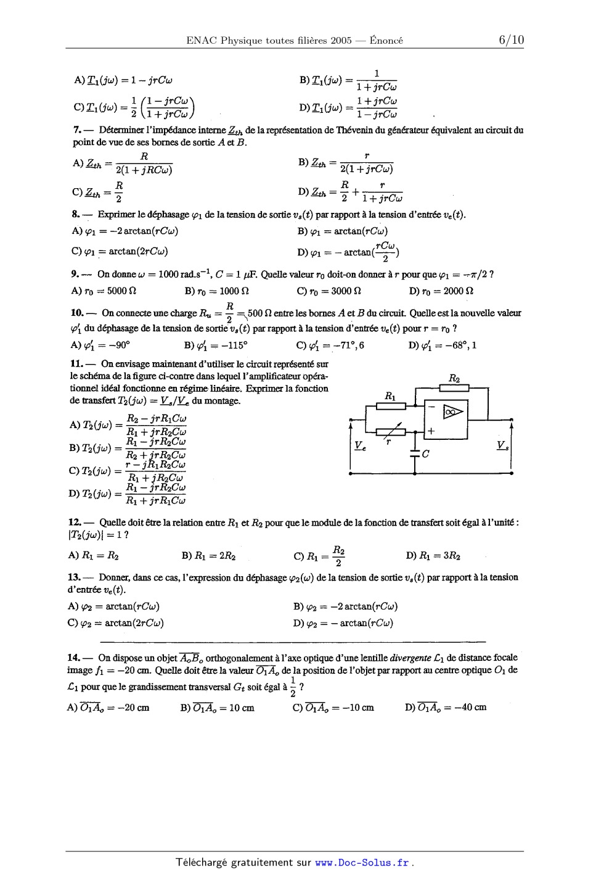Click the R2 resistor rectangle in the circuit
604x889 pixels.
pos(454,387)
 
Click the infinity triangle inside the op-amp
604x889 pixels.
pos(453,411)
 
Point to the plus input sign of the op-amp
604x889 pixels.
pos(431,432)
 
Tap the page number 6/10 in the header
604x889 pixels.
pos(511,40)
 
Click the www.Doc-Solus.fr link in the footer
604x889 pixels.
pos(362,862)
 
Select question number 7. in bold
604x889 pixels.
pos(77,130)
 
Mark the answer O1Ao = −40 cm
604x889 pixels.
pos(446,707)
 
